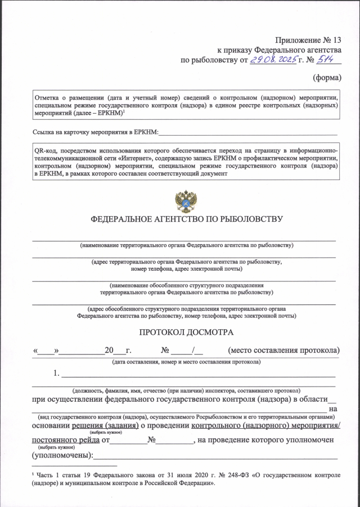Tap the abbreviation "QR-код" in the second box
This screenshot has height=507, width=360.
point(46,151)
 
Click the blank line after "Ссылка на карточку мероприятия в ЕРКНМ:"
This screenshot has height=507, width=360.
point(247,133)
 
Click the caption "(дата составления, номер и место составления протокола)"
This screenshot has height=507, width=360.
point(186,361)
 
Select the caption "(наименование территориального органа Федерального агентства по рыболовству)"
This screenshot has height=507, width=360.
point(186,245)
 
